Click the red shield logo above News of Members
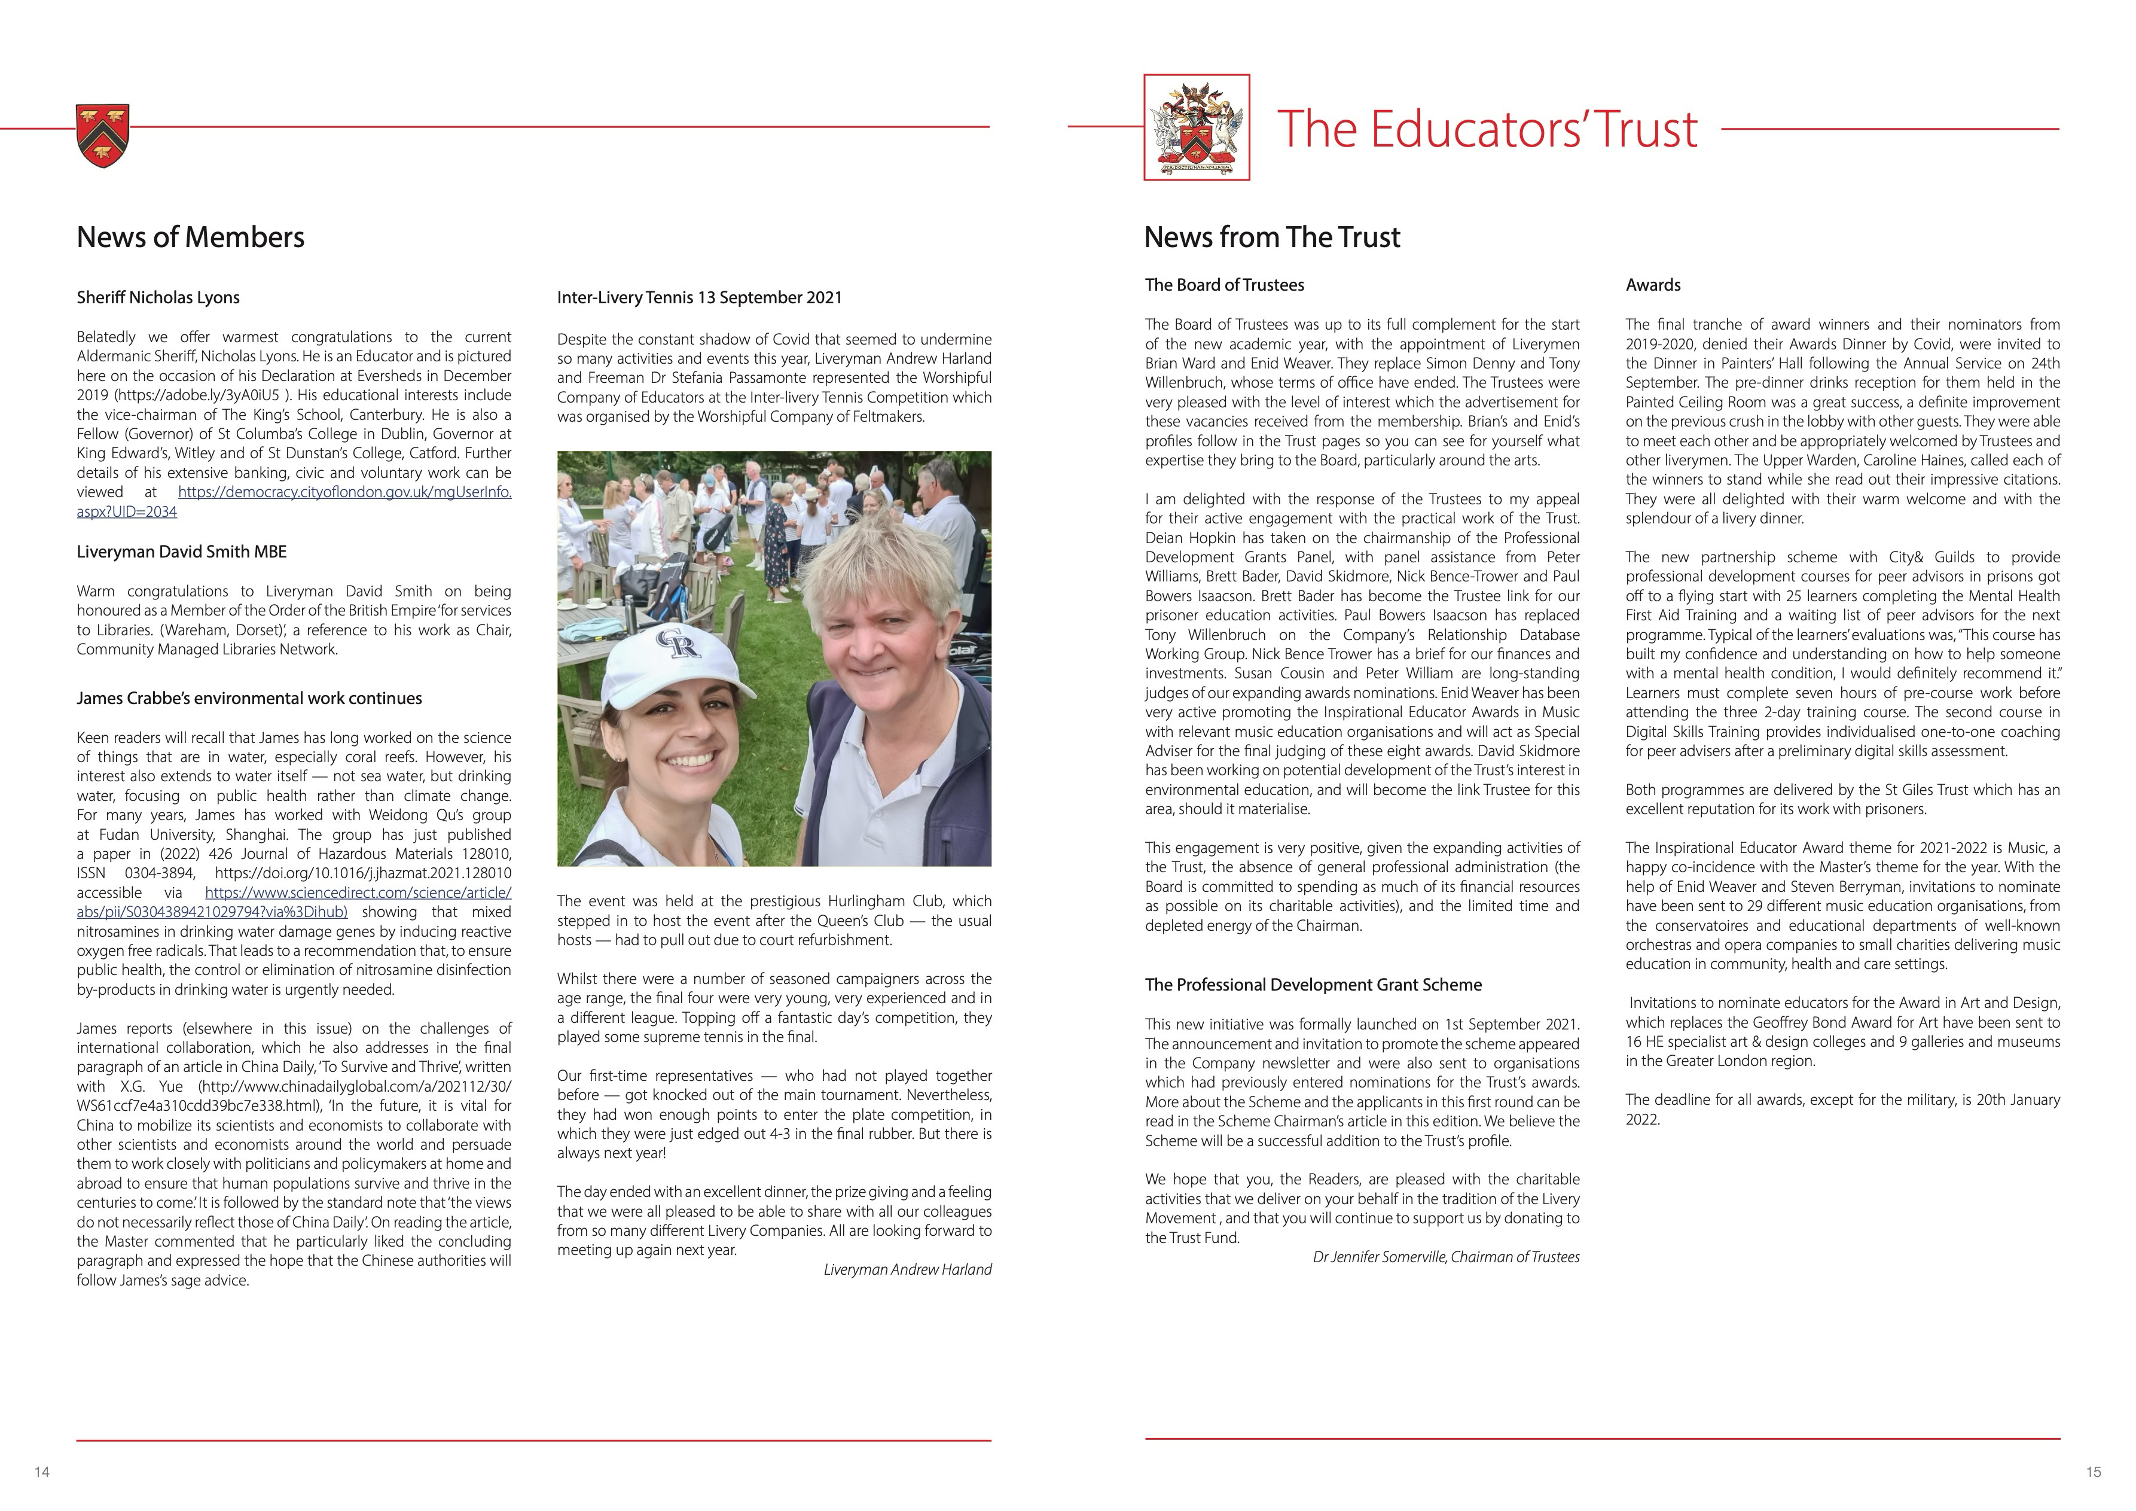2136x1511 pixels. tap(102, 136)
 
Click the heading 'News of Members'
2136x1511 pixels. tap(191, 237)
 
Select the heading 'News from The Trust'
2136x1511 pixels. tap(1272, 237)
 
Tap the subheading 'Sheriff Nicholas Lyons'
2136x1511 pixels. tap(158, 298)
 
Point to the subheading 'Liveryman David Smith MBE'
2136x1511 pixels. tap(181, 552)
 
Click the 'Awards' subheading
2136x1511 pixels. tap(1653, 285)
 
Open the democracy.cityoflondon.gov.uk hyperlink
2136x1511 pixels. tap(344, 492)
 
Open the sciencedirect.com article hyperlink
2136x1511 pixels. tap(358, 893)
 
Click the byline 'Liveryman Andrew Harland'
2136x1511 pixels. tap(907, 1269)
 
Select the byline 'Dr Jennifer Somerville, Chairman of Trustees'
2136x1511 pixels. tap(1446, 1257)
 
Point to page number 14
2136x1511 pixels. tap(42, 1472)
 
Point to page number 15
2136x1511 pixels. tap(2093, 1472)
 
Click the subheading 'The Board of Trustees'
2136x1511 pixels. tap(1224, 285)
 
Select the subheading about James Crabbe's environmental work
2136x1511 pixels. tap(249, 699)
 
